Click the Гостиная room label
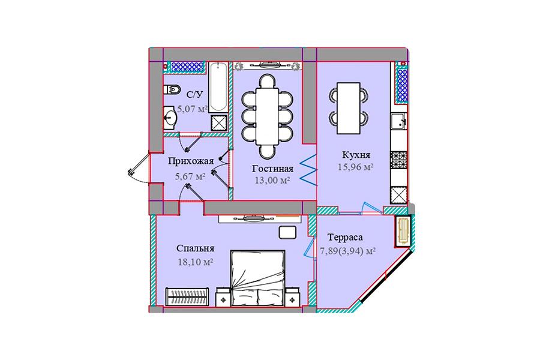pyautogui.click(x=273, y=169)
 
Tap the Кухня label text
pyautogui.click(x=356, y=155)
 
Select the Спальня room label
pyautogui.click(x=195, y=248)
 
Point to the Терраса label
pyautogui.click(x=345, y=238)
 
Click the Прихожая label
pyautogui.click(x=191, y=161)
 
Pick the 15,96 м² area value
pyautogui.click(x=356, y=167)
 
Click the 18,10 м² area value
pyautogui.click(x=195, y=262)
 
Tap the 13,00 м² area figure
pyautogui.click(x=272, y=180)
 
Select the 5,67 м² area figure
pyautogui.click(x=190, y=177)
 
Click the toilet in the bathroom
pyautogui.click(x=172, y=89)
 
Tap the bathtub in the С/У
pyautogui.click(x=218, y=87)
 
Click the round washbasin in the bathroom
pyautogui.click(x=170, y=118)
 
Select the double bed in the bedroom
pyautogui.click(x=258, y=278)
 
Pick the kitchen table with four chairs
pyautogui.click(x=349, y=108)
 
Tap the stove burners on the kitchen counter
pyautogui.click(x=399, y=160)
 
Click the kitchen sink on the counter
pyautogui.click(x=399, y=121)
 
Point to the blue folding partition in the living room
pyautogui.click(x=308, y=170)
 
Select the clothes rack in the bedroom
pyautogui.click(x=187, y=296)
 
